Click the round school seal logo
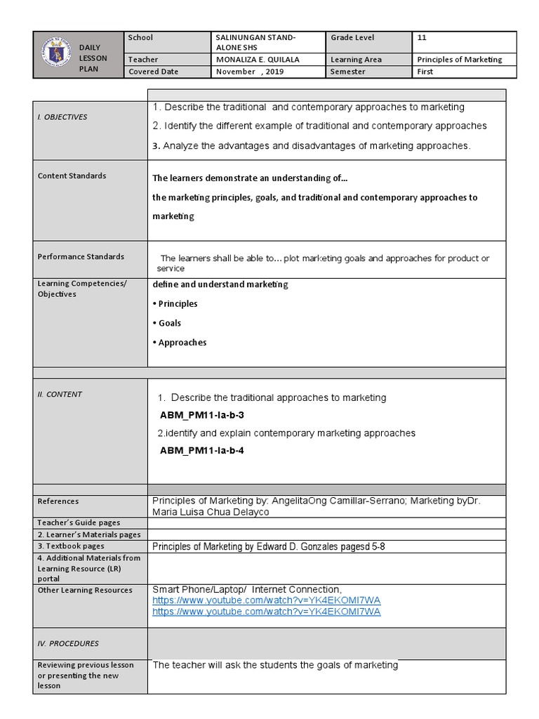55,55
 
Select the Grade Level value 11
422,37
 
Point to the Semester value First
425,72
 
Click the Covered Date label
153,72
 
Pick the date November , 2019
246,72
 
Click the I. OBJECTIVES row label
62,117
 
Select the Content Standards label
72,176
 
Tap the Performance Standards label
81,257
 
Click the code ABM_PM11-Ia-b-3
202,415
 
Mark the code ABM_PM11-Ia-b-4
202,450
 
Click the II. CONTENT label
60,395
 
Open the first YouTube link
267,601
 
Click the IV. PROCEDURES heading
68,643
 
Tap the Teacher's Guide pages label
79,522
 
